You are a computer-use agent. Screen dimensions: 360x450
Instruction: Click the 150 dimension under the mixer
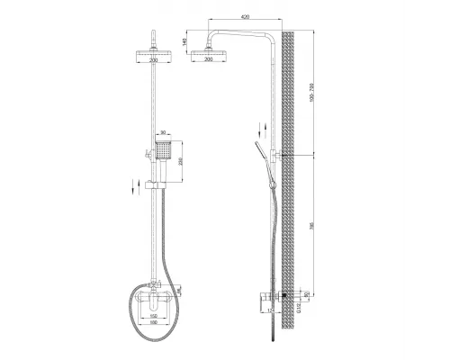pyautogui.click(x=154, y=317)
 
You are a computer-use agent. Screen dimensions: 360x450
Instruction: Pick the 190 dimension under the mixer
pyautogui.click(x=154, y=324)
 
